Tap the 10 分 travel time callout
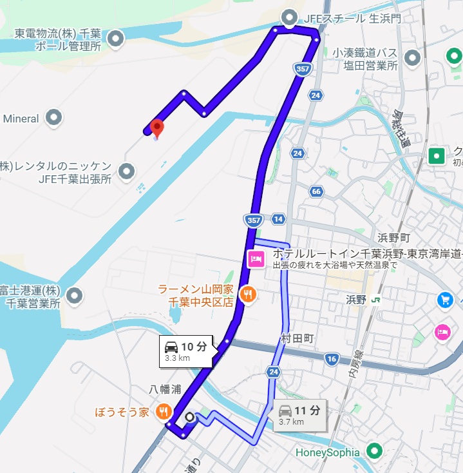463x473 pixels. [x=185, y=351]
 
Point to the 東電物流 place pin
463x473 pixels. [x=116, y=39]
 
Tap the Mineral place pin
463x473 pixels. [x=55, y=118]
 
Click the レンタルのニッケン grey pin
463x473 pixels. [x=128, y=171]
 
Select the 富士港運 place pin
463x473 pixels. [x=76, y=296]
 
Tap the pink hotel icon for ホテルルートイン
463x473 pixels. [x=255, y=259]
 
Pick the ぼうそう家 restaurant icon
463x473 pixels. [x=165, y=410]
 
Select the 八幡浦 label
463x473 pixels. [x=165, y=389]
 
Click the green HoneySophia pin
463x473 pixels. [x=373, y=451]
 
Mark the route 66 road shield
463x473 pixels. [x=316, y=191]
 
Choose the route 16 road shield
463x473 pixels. [x=332, y=359]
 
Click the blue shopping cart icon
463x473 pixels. [x=445, y=299]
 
